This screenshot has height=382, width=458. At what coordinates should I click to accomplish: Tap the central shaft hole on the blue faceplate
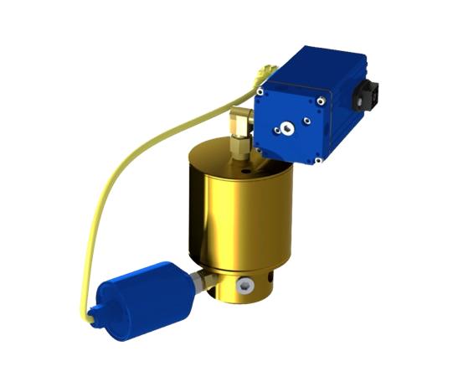[287, 128]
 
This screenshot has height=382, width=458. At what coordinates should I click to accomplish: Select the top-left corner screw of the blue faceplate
[260, 92]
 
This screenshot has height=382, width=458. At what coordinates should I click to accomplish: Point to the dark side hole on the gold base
[266, 280]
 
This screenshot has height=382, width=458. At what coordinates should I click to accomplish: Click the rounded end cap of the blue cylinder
[99, 311]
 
